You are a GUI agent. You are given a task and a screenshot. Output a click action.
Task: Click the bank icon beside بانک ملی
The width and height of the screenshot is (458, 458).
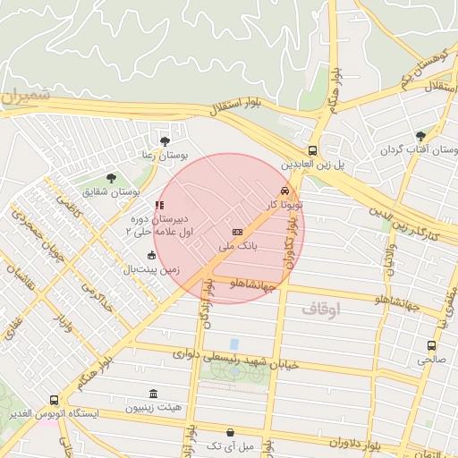236,232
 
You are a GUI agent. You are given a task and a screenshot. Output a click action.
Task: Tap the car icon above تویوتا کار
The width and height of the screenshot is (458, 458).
284,191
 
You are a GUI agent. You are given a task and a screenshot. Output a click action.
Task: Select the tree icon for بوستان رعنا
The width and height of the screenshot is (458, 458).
164,140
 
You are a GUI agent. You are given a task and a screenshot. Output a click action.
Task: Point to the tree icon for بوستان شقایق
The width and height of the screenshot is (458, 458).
111,177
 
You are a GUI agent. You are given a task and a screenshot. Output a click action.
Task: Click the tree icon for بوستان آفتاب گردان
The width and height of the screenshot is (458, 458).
420,136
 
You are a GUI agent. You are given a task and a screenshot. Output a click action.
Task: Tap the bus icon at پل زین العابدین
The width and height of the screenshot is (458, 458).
312,150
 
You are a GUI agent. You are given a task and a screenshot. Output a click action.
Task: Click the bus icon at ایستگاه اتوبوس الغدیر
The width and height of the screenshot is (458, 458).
55,400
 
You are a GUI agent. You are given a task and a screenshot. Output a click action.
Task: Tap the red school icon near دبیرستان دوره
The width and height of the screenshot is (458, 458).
159,205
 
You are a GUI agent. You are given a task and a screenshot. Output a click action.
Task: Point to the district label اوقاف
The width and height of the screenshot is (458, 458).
321,310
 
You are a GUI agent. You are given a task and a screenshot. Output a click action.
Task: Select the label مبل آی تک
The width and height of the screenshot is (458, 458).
231,445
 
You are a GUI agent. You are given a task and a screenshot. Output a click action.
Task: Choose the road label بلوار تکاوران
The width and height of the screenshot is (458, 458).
289,247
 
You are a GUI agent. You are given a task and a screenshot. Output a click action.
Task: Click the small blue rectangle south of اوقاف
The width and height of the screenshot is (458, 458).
234,344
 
